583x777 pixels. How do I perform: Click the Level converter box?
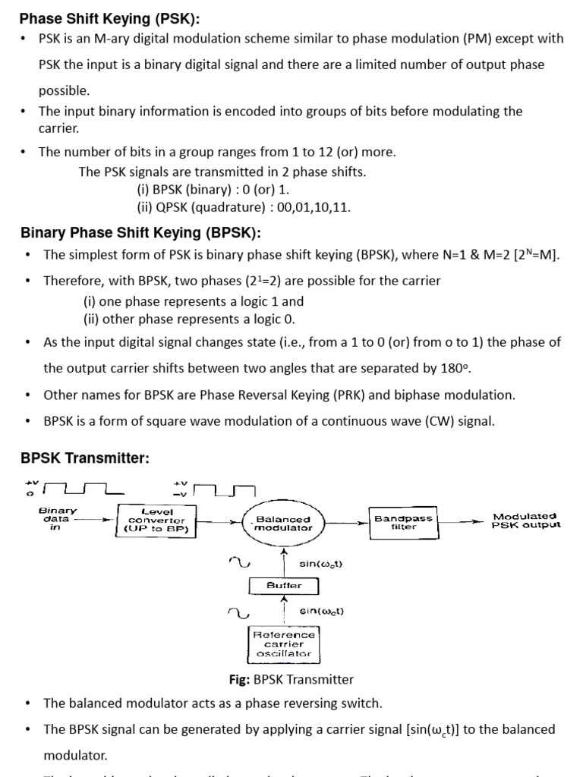tap(156, 521)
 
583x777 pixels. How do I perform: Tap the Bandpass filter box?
tap(404, 523)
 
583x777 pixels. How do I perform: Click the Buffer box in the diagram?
tap(284, 586)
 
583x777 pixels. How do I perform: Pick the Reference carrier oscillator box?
tap(284, 643)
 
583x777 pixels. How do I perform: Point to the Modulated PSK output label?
tap(525, 521)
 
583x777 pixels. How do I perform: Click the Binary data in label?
tap(57, 519)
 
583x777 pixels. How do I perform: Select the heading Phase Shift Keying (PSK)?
tap(114, 19)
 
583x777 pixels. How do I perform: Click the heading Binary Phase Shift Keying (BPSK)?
tap(140, 232)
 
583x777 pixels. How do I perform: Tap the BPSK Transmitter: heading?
tap(85, 458)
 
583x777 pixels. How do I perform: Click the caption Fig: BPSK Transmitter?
tap(291, 679)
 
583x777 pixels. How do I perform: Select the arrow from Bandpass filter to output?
tap(463, 522)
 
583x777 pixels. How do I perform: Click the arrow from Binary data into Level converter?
tap(97, 521)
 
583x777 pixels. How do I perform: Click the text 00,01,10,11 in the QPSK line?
tap(313, 207)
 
